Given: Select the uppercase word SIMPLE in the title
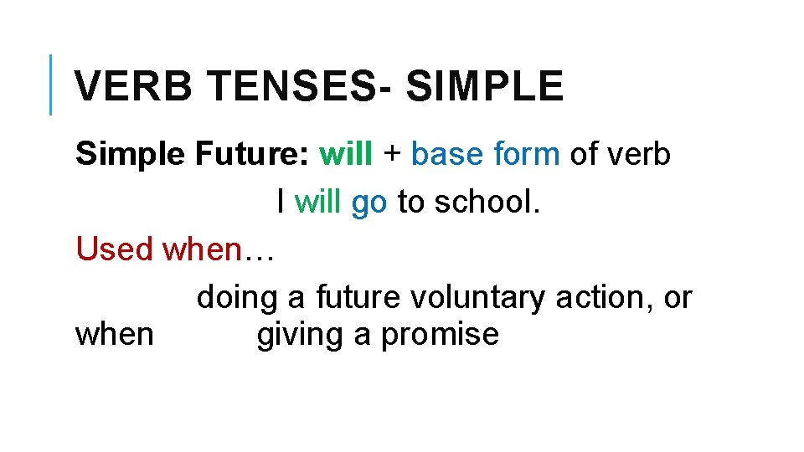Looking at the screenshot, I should point(485,86).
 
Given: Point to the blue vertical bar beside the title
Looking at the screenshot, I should point(51,84).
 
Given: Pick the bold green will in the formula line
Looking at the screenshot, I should point(348,154).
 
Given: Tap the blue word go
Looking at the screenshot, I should point(368,203).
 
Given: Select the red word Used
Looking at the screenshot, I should point(115,249).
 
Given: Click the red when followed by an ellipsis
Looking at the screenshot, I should point(218,249).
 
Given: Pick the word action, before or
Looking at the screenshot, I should point(606,297).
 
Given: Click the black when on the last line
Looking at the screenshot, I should point(115,334).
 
